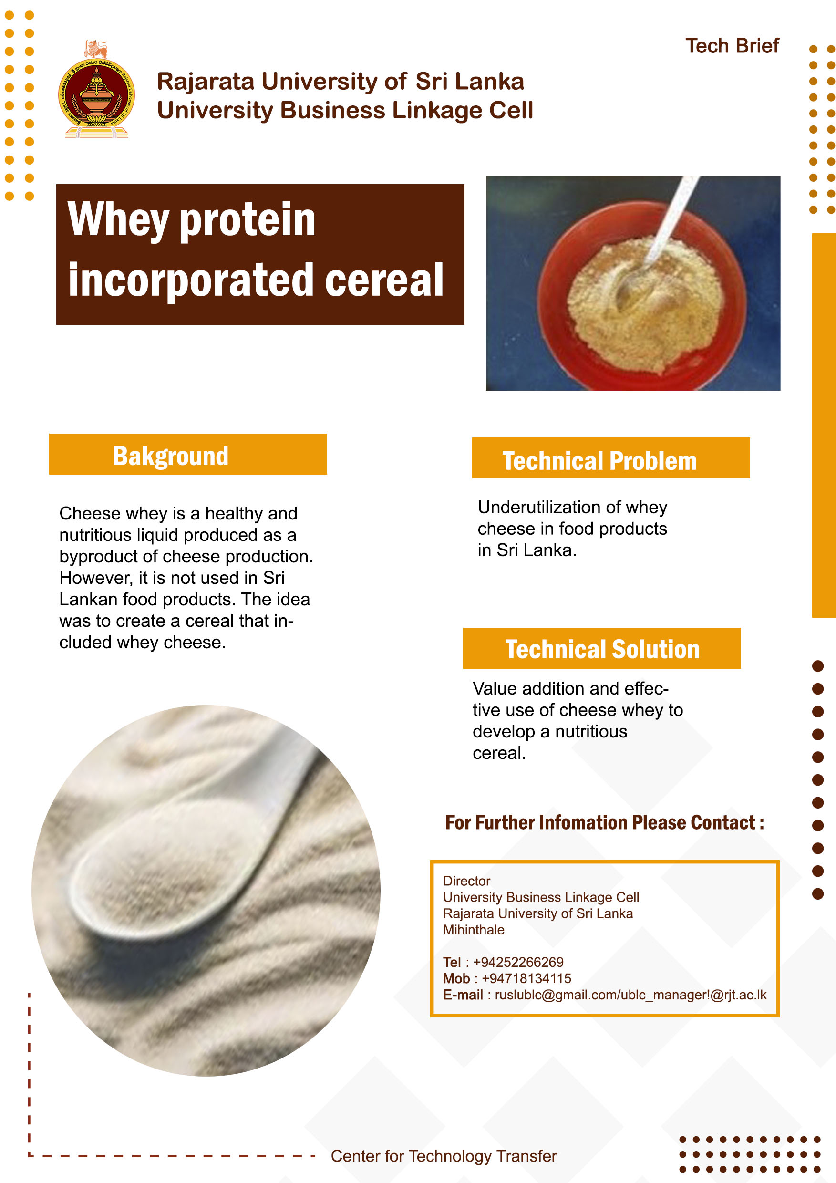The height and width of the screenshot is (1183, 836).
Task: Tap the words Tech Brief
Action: click(732, 46)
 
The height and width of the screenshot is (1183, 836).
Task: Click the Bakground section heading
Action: click(171, 456)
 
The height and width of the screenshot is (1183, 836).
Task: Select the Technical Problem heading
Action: click(599, 461)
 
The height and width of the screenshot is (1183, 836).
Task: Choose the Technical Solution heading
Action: click(602, 649)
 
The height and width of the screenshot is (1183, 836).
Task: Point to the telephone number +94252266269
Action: click(518, 962)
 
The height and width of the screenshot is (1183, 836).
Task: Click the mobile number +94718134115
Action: click(526, 978)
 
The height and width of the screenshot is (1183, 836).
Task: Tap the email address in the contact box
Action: click(630, 995)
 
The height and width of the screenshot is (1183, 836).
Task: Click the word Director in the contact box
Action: click(467, 881)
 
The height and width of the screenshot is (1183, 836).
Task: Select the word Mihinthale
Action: click(474, 930)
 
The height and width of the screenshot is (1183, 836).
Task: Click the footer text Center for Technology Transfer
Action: click(444, 1156)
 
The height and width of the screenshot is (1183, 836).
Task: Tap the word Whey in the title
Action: click(118, 220)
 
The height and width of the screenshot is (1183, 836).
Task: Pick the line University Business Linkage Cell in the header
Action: click(345, 110)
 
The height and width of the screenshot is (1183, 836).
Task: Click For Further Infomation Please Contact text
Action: click(604, 822)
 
